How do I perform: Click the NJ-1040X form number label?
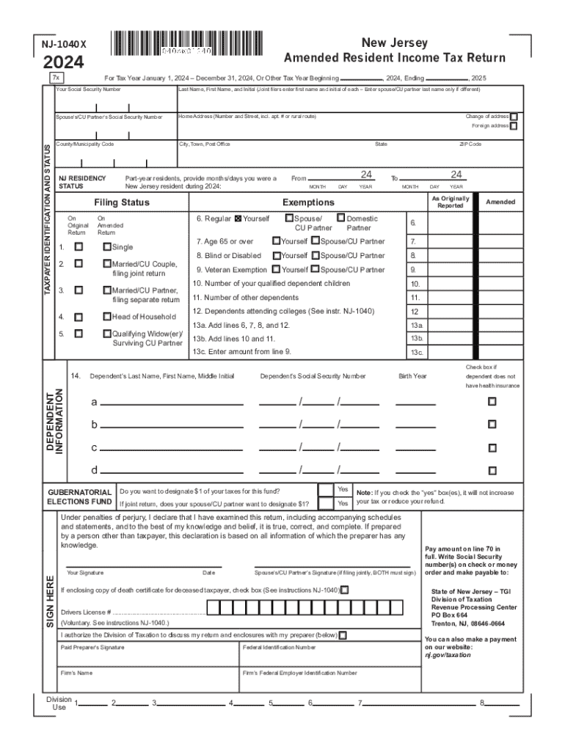pos(65,44)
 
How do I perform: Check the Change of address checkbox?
pos(514,117)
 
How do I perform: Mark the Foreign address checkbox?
pos(514,126)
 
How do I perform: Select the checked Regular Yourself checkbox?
pos(238,219)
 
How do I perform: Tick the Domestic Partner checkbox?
pos(340,218)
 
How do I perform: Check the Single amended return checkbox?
pos(107,247)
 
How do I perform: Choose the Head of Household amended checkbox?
pos(107,317)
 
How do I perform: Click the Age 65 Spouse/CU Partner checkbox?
pos(315,241)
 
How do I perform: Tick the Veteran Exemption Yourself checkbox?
pos(276,269)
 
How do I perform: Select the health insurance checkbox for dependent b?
pos(492,424)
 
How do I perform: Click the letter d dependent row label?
pos(94,469)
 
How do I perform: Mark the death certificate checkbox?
pos(345,590)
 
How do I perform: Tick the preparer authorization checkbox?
pos(343,634)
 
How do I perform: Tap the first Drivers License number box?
pos(212,609)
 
